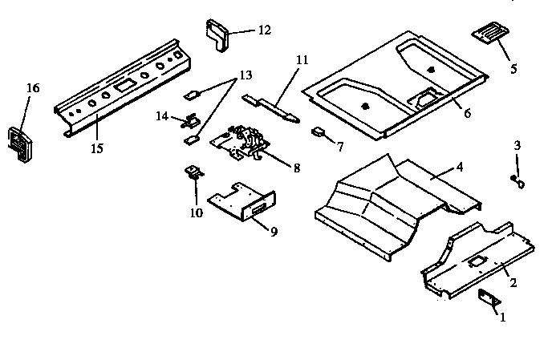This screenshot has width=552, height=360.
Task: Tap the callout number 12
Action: coord(263,30)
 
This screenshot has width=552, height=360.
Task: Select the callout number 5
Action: coord(513,68)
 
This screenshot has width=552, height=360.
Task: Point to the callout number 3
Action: coord(517,145)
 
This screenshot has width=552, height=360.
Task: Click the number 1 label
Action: coord(503,318)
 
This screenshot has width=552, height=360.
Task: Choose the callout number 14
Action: coord(161,116)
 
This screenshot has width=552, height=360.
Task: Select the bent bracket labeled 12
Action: coord(217,35)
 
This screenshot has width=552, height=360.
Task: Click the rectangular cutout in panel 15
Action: coord(124,86)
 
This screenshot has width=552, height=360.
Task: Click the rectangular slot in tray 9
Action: coord(258,210)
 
